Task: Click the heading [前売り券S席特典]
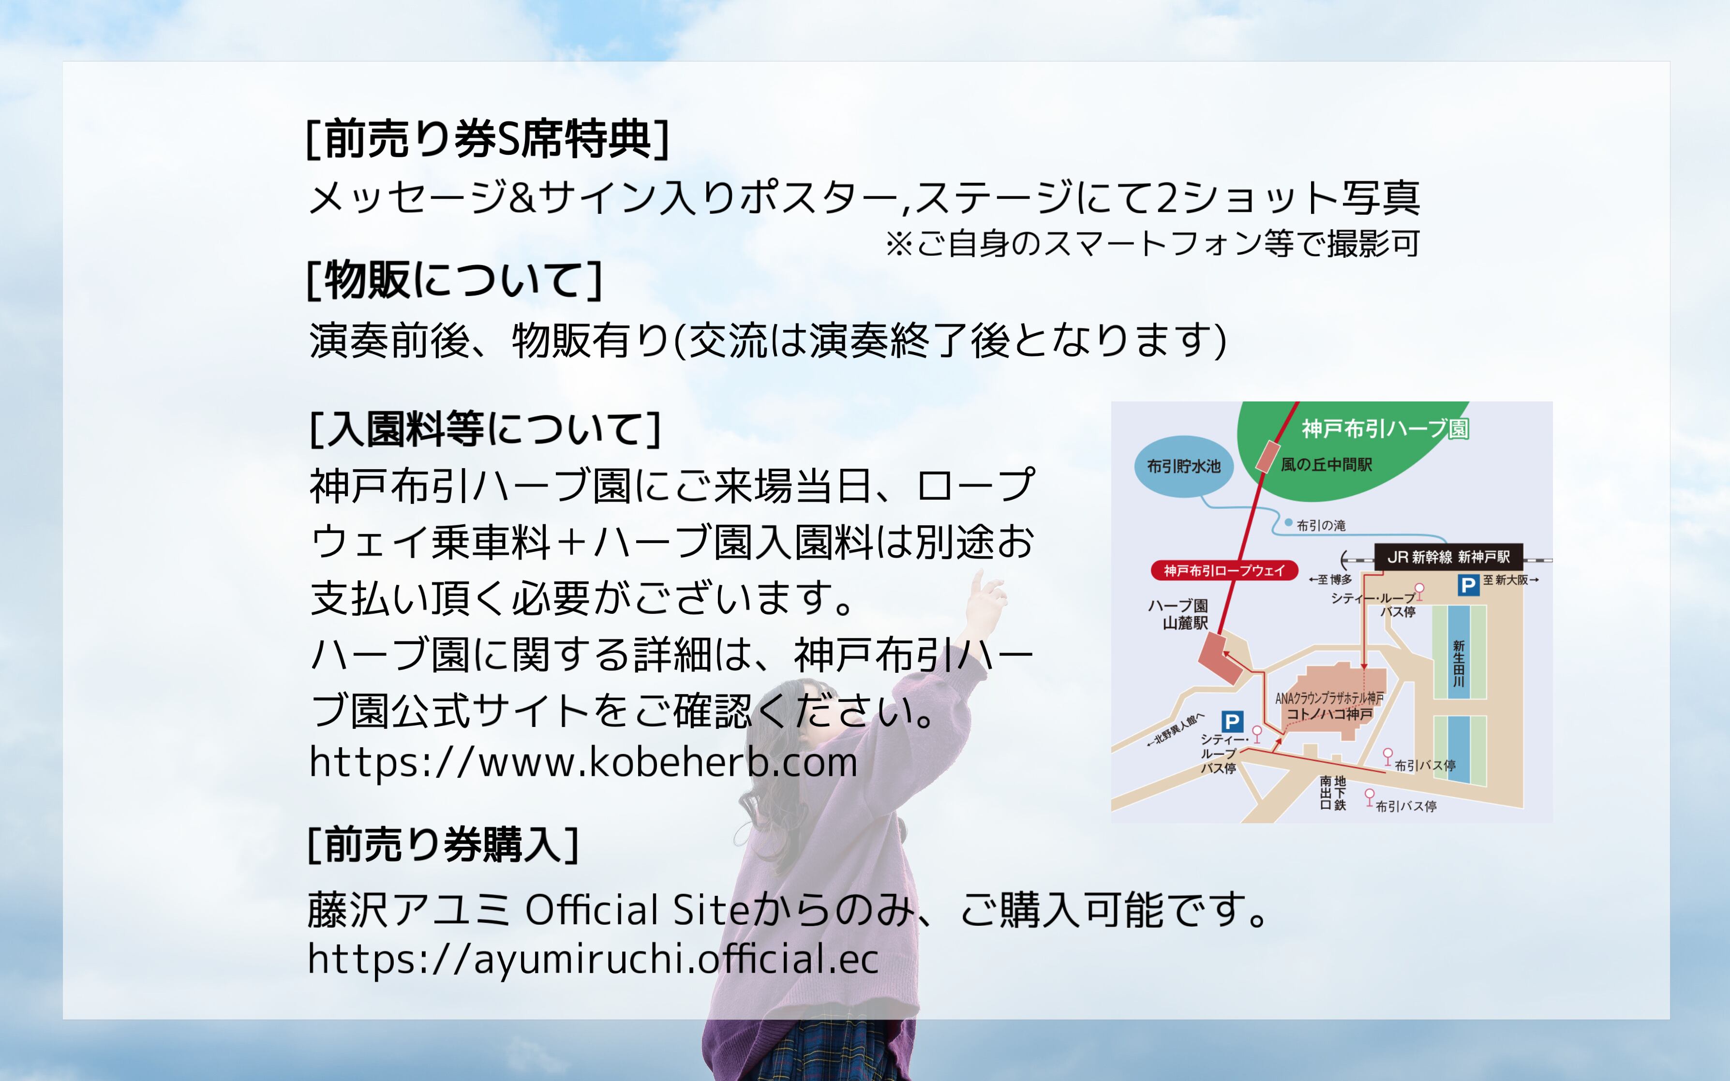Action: tap(488, 139)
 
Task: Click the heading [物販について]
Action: tap(455, 280)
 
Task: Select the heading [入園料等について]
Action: tap(485, 429)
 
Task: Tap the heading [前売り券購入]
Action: tap(443, 844)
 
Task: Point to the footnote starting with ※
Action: tap(1152, 244)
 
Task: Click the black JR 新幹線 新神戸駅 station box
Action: tap(1448, 557)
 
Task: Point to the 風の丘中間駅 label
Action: tap(1326, 465)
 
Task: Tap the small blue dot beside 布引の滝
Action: tap(1288, 523)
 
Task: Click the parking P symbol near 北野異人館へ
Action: tap(1232, 721)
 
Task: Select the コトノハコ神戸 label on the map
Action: tap(1329, 713)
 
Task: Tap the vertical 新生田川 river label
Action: tap(1459, 664)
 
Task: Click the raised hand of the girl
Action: tap(986, 597)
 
